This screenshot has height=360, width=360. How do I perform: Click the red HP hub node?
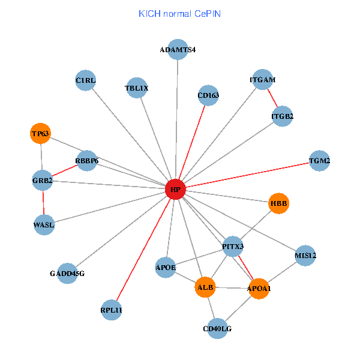click(x=175, y=190)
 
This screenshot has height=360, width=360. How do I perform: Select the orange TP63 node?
click(x=41, y=134)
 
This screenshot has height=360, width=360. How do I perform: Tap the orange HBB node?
click(x=279, y=203)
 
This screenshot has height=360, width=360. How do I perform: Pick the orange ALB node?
click(x=205, y=287)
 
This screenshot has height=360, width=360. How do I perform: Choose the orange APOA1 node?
click(x=259, y=289)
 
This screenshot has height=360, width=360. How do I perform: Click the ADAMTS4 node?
click(x=178, y=49)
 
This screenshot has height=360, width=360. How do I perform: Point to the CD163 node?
click(x=208, y=95)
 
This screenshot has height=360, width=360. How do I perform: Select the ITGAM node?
click(x=263, y=80)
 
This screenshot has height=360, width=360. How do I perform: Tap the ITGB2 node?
click(x=282, y=116)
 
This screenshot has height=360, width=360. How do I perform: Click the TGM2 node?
click(x=319, y=161)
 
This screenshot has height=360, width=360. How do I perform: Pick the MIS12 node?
click(x=305, y=256)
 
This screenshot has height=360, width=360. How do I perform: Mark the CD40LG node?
click(x=217, y=329)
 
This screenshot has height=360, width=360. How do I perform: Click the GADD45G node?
click(x=67, y=274)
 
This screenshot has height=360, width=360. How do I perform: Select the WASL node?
click(x=44, y=225)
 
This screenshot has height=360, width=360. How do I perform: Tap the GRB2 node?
click(x=43, y=180)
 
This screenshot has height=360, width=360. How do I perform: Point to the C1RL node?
click(x=86, y=80)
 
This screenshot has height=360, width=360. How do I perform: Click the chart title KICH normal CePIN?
click(x=179, y=13)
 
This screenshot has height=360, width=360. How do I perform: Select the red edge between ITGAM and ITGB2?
click(x=272, y=98)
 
